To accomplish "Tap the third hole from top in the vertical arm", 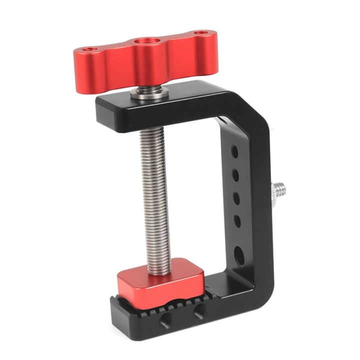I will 237,197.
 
